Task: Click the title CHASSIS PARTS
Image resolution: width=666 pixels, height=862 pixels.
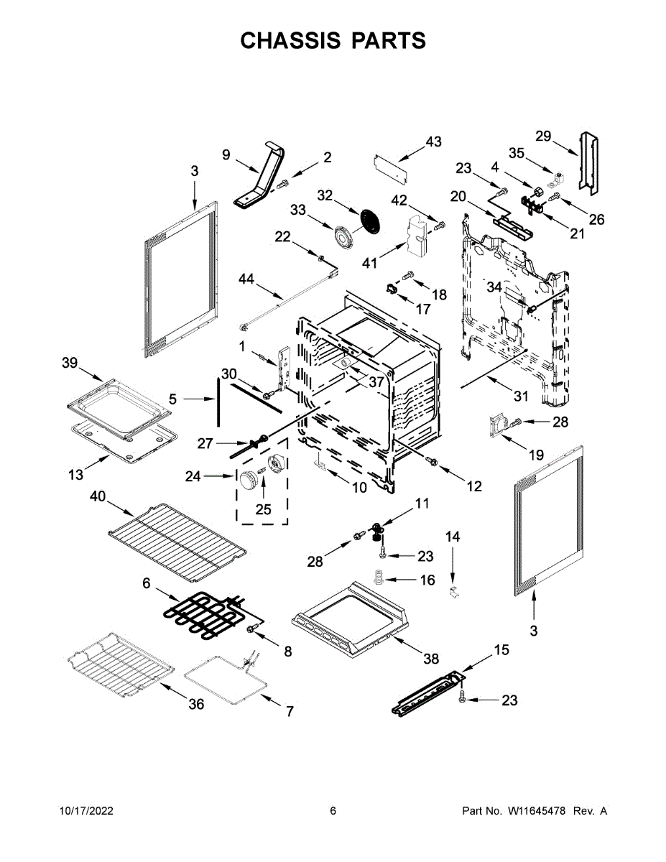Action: pyautogui.click(x=333, y=41)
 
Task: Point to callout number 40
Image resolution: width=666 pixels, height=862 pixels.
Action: pyautogui.click(x=98, y=496)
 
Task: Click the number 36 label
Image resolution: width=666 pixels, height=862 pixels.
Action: pyautogui.click(x=195, y=704)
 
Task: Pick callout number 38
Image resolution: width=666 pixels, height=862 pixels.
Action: pyautogui.click(x=430, y=658)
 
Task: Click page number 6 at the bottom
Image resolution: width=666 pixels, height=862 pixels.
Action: pyautogui.click(x=333, y=811)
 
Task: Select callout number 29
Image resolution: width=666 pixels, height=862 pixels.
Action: pyautogui.click(x=543, y=136)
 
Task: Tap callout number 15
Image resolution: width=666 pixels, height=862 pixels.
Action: pyautogui.click(x=501, y=650)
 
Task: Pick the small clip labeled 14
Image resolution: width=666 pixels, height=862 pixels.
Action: pyautogui.click(x=453, y=592)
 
